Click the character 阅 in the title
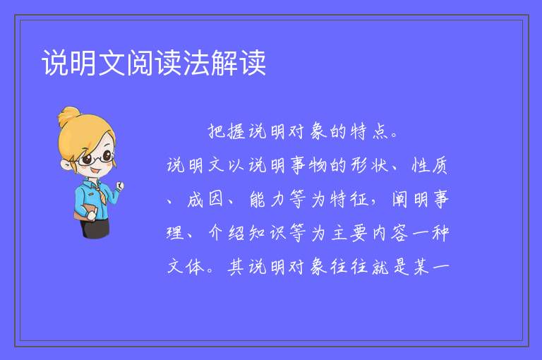(x=140, y=63)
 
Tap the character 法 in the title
(x=196, y=63)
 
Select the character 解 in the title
(x=224, y=63)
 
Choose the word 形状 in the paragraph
(x=371, y=165)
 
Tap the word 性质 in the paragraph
(x=430, y=165)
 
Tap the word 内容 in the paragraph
(x=390, y=233)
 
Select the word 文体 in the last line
(x=186, y=267)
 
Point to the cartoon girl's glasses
(x=96, y=158)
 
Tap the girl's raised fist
(x=119, y=186)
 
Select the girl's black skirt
(x=95, y=228)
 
